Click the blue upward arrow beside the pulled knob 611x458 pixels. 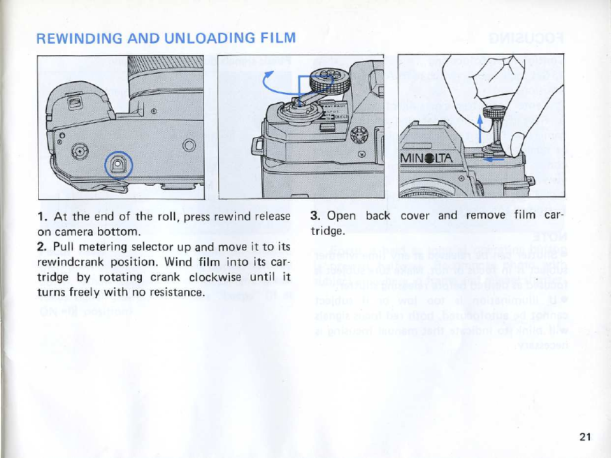pos(481,128)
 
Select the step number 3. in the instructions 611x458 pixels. pos(315,216)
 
